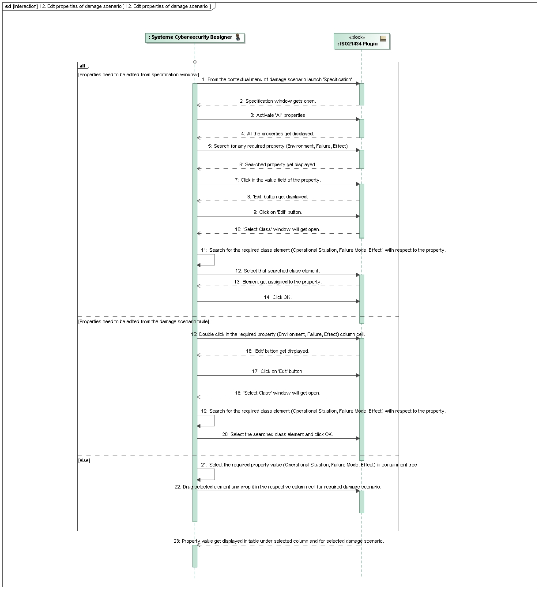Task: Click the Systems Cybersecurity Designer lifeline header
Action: tap(191, 37)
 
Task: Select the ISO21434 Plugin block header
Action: tap(358, 41)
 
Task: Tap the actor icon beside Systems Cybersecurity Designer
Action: tap(238, 37)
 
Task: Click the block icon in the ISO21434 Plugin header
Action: tap(383, 38)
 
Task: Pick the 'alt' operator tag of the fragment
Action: tap(83, 66)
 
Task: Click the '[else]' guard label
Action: tap(84, 460)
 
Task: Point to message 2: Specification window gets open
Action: tap(278, 101)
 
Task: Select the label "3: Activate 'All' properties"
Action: tap(278, 116)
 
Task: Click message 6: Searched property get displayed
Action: tap(278, 165)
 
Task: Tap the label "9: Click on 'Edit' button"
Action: tap(278, 212)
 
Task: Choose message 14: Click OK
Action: tap(278, 298)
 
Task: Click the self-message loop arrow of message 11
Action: tap(214, 260)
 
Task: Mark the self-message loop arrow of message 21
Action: tap(214, 474)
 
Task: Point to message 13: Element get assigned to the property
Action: tap(278, 282)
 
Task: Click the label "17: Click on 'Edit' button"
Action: tap(278, 372)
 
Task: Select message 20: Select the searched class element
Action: tap(278, 435)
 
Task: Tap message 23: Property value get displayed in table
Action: tap(279, 541)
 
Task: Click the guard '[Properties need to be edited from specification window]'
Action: tap(138, 75)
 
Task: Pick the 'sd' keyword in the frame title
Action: tap(8, 6)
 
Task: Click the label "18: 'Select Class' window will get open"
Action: tap(278, 393)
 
